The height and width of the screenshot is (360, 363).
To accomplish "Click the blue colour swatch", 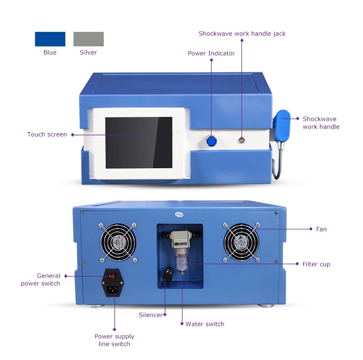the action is pyautogui.click(x=50, y=39).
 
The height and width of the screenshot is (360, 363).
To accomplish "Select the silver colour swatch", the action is pyautogui.click(x=89, y=39).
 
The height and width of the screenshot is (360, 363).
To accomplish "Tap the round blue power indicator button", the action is pyautogui.click(x=212, y=141).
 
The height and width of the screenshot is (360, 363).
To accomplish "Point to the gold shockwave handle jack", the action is pyautogui.click(x=242, y=140).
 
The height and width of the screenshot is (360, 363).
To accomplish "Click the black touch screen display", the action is pyautogui.click(x=139, y=143).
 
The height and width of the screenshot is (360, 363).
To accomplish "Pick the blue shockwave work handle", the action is pyautogui.click(x=282, y=126).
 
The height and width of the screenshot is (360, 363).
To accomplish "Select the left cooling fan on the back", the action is pyautogui.click(x=118, y=242).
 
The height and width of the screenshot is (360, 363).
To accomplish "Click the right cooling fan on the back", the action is pyautogui.click(x=241, y=242).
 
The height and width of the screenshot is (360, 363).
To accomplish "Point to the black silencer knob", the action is pyautogui.click(x=168, y=274).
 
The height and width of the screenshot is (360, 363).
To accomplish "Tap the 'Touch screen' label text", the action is pyautogui.click(x=47, y=135).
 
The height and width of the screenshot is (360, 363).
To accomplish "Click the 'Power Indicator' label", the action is pyautogui.click(x=212, y=54).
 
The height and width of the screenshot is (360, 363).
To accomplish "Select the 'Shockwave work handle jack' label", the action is pyautogui.click(x=242, y=34).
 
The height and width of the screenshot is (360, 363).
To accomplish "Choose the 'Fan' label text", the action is pyautogui.click(x=321, y=229).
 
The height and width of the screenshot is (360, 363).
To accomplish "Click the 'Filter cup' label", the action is pyautogui.click(x=316, y=264).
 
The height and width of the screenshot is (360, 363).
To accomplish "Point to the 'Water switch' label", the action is pyautogui.click(x=205, y=324).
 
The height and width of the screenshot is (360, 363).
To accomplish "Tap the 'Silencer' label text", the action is pyautogui.click(x=151, y=315).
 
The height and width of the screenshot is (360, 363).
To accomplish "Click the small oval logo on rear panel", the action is pyautogui.click(x=179, y=215).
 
